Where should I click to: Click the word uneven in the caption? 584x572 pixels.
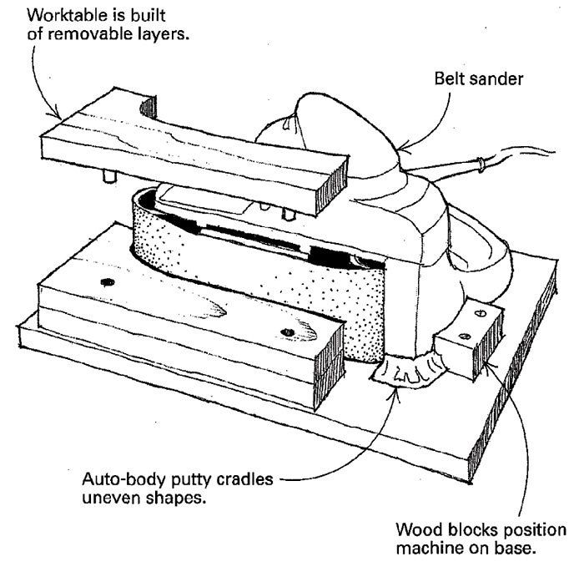[109, 501]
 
